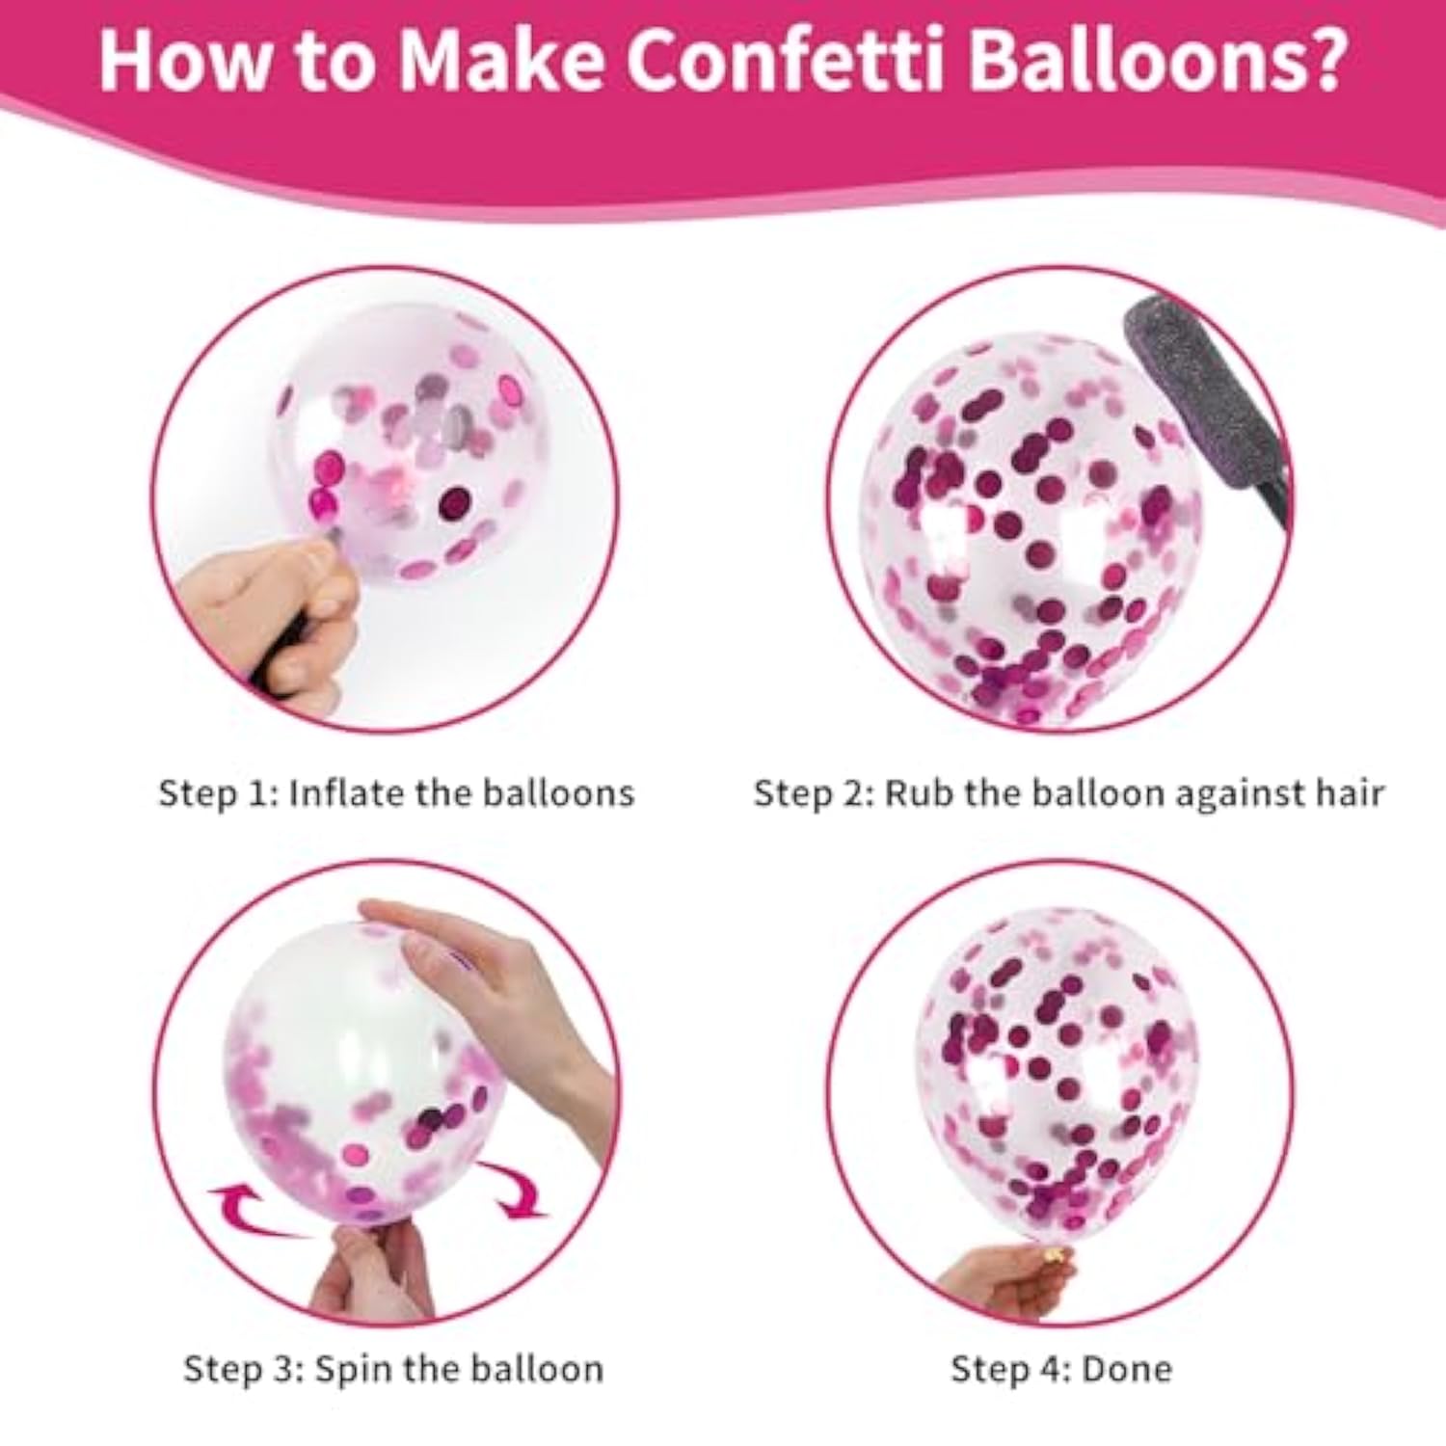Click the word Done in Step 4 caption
point(1127,1368)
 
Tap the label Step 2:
point(814,792)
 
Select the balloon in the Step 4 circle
point(1056,1070)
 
